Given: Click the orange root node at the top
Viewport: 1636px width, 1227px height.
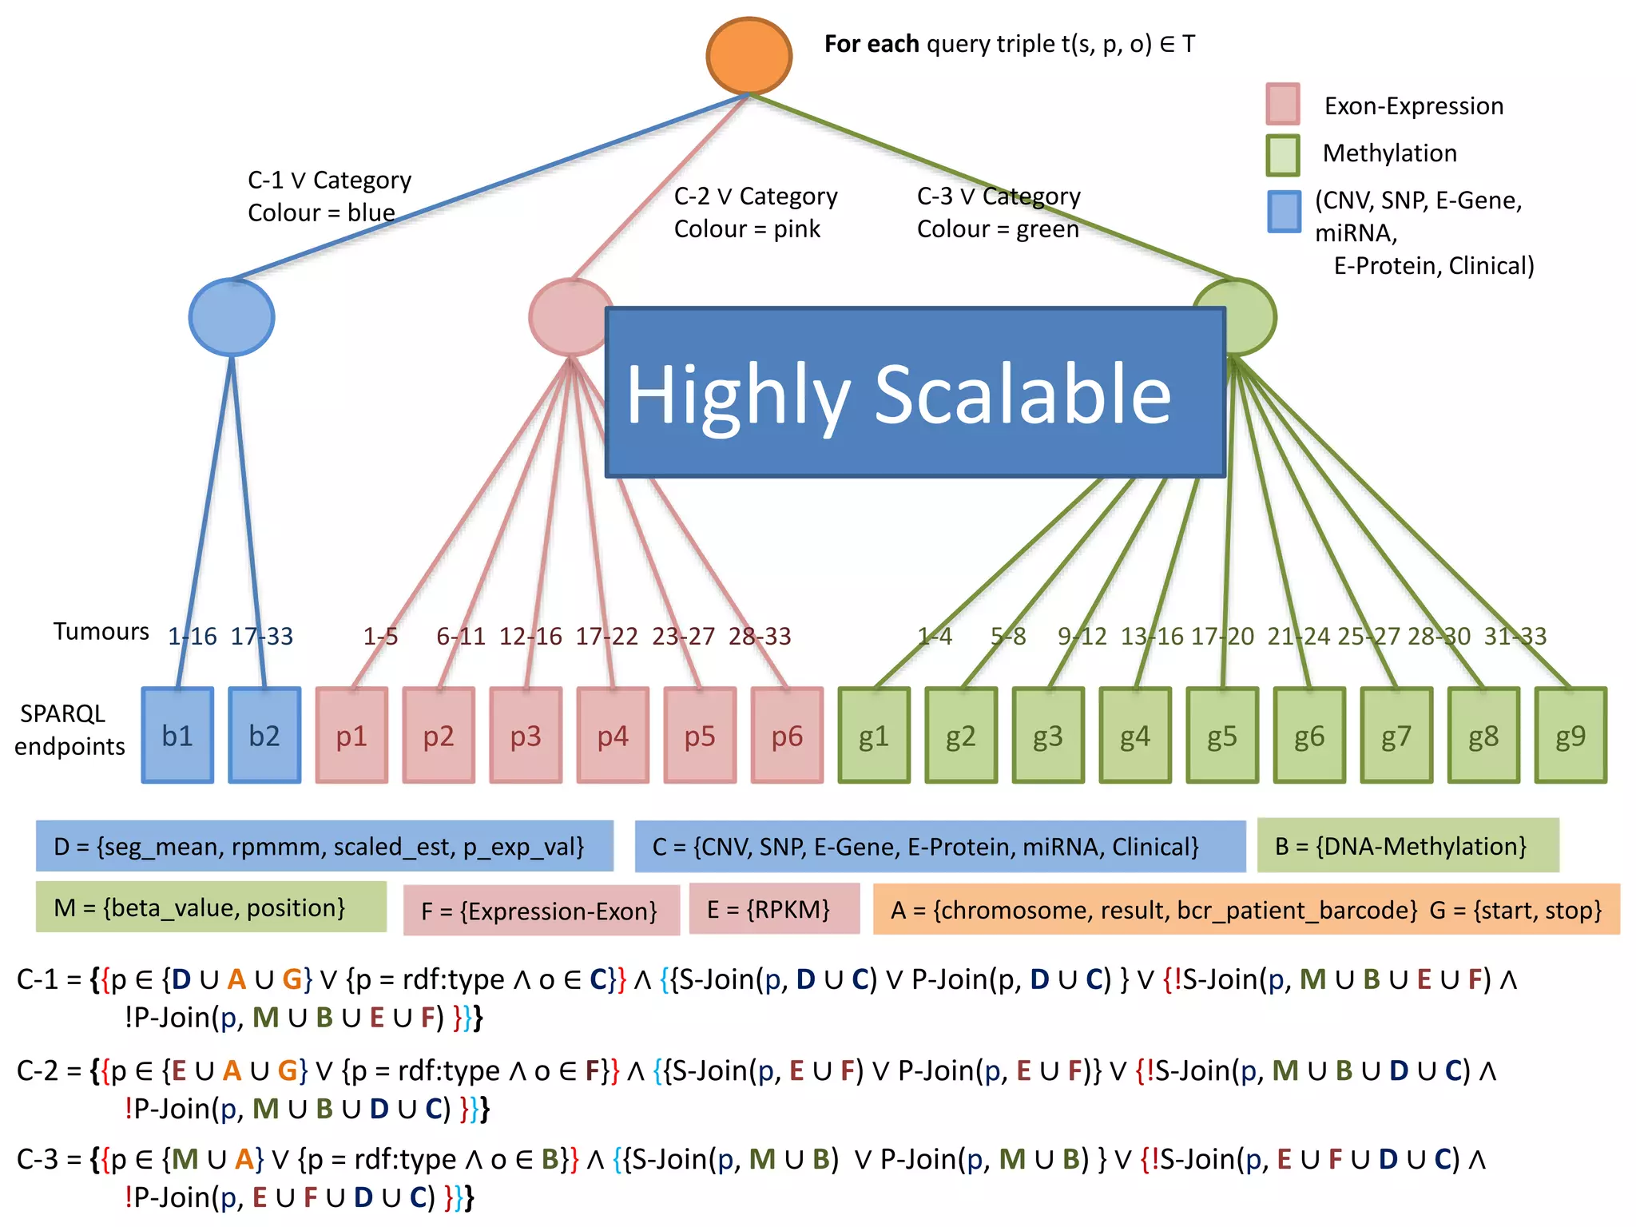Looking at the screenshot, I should [749, 56].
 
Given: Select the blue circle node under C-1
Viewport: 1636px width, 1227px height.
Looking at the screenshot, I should [232, 317].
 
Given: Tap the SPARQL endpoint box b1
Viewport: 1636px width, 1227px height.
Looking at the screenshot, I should [177, 735].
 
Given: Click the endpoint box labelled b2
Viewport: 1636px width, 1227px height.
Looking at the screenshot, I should [264, 735].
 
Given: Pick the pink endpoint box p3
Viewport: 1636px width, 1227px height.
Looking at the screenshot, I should [526, 735].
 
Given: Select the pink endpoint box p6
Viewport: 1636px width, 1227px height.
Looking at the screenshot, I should [787, 735].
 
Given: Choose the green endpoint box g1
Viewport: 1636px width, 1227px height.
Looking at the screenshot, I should [874, 735].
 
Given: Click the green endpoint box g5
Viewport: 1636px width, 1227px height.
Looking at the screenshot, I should [1222, 735].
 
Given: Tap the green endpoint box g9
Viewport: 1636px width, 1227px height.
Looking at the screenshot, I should [1570, 735].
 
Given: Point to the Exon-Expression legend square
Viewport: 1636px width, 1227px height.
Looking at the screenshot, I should [1283, 105].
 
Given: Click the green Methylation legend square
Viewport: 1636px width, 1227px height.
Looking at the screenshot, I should [1283, 155].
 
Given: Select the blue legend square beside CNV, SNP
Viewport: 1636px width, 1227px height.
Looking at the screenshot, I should [1284, 212].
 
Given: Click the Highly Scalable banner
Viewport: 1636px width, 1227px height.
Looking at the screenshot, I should [915, 393].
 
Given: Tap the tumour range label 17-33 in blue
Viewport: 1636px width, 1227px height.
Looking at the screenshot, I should [262, 637].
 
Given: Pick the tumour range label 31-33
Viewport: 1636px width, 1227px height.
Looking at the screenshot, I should [1515, 637].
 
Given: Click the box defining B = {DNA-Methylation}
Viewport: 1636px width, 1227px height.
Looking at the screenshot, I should [1408, 845].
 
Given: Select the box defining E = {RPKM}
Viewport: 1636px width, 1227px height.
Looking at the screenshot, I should [774, 908].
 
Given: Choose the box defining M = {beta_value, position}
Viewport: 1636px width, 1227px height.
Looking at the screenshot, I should [211, 907].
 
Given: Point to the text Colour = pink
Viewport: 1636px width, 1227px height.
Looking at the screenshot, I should [747, 229].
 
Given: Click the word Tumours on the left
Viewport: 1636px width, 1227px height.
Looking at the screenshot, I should [101, 632].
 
